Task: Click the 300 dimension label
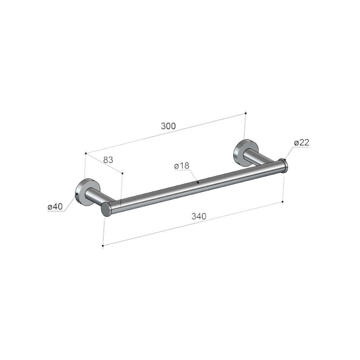pos(168,126)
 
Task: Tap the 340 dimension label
pos(199,216)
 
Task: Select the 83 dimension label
pos(108,160)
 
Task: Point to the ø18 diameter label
pos(181,165)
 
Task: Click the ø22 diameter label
pos(302,143)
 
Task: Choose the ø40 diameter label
pos(55,207)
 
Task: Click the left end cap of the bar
pos(106,210)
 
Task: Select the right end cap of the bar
pos(284,165)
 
